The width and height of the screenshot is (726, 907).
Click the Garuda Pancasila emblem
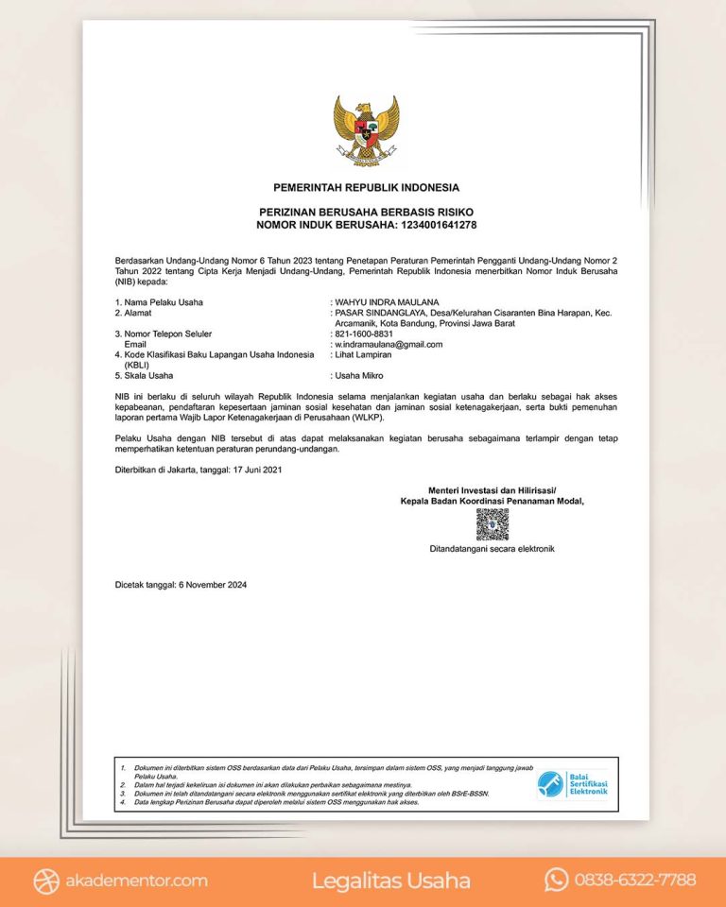[x=366, y=130]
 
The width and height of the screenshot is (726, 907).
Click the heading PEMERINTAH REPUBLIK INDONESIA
[x=366, y=187]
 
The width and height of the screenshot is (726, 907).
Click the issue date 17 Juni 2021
[x=256, y=469]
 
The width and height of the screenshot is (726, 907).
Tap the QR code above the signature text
[x=492, y=523]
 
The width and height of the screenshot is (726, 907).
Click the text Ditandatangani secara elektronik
[x=492, y=548]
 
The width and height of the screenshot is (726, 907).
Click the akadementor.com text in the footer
[x=135, y=881]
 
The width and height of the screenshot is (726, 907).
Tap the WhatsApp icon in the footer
[x=556, y=881]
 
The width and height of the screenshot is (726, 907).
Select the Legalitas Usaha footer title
[x=390, y=881]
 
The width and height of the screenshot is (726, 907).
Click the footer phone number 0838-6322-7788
[x=635, y=881]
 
